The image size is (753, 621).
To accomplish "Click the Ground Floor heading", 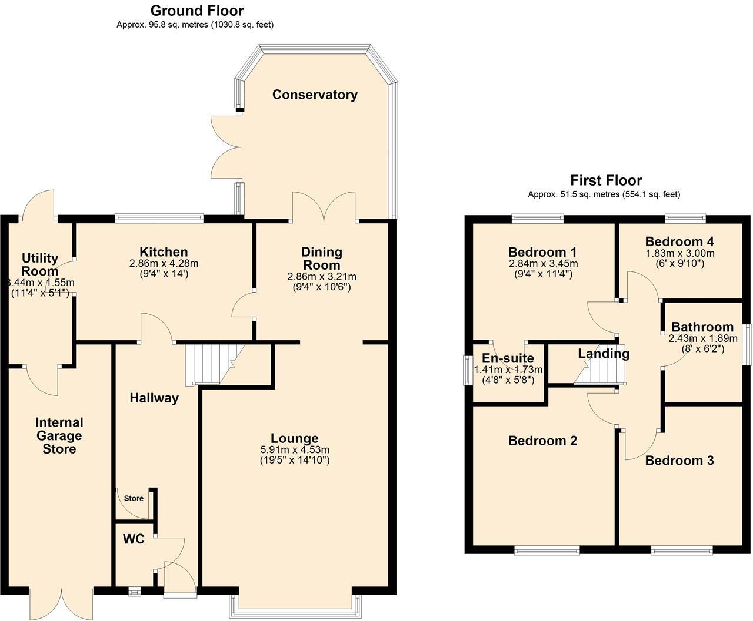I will (196, 11).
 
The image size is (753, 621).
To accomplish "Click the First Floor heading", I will (606, 180).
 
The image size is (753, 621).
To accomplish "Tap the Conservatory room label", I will (315, 95).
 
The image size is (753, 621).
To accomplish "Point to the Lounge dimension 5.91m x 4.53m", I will (295, 449).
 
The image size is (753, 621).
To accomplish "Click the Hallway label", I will (154, 398).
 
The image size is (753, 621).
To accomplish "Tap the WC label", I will (134, 539).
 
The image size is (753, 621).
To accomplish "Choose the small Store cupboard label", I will (134, 498).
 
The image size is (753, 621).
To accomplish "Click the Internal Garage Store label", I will (59, 435).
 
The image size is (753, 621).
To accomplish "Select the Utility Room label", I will (40, 264).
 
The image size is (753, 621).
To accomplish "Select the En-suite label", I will (508, 358).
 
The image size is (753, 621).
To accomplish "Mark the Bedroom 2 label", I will (542, 441).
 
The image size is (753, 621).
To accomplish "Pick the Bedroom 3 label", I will (679, 460).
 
